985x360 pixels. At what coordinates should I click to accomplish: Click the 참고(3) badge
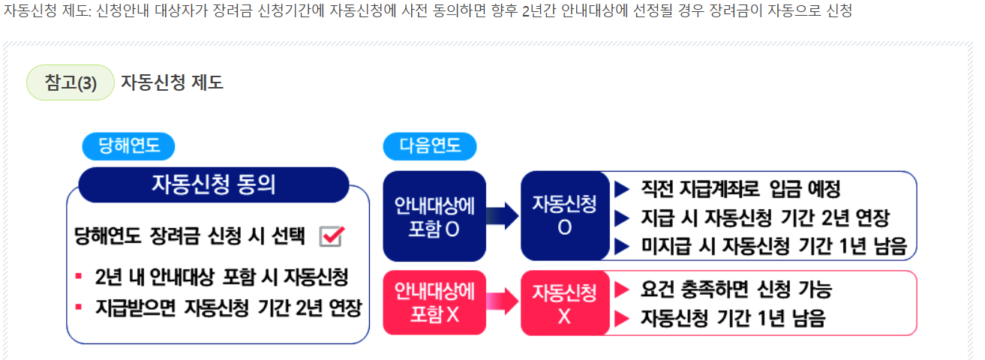tap(71, 82)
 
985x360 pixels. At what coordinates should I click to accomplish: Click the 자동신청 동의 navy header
tap(214, 184)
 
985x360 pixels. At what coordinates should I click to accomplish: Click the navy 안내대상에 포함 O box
tap(434, 216)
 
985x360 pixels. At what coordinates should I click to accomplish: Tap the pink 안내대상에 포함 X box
tap(434, 302)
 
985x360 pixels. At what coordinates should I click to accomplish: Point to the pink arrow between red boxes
tap(503, 302)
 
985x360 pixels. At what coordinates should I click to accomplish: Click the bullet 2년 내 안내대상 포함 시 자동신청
tap(222, 277)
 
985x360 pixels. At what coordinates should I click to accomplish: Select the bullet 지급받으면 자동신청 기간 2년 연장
tap(229, 307)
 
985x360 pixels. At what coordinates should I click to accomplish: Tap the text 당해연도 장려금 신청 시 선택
tap(191, 236)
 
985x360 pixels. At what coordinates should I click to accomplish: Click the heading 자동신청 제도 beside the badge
tap(172, 82)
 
